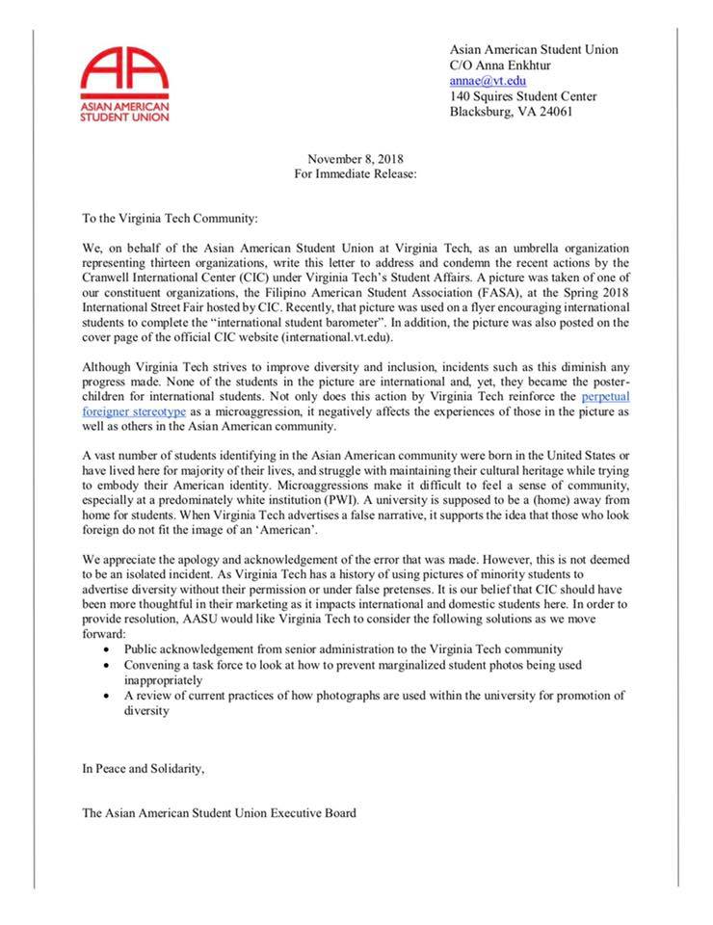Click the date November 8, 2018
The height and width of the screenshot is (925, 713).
pyautogui.click(x=356, y=159)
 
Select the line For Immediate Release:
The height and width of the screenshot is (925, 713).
pyautogui.click(x=356, y=174)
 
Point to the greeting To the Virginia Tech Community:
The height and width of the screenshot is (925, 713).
pyautogui.click(x=171, y=221)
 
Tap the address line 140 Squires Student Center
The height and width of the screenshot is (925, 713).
pyautogui.click(x=523, y=96)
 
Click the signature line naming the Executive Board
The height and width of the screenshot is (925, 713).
pyautogui.click(x=219, y=813)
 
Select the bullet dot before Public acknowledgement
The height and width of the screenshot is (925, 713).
pyautogui.click(x=106, y=649)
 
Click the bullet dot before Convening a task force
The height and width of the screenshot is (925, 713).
pyautogui.click(x=106, y=665)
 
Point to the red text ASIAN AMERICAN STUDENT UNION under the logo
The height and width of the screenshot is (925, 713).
pyautogui.click(x=125, y=112)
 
